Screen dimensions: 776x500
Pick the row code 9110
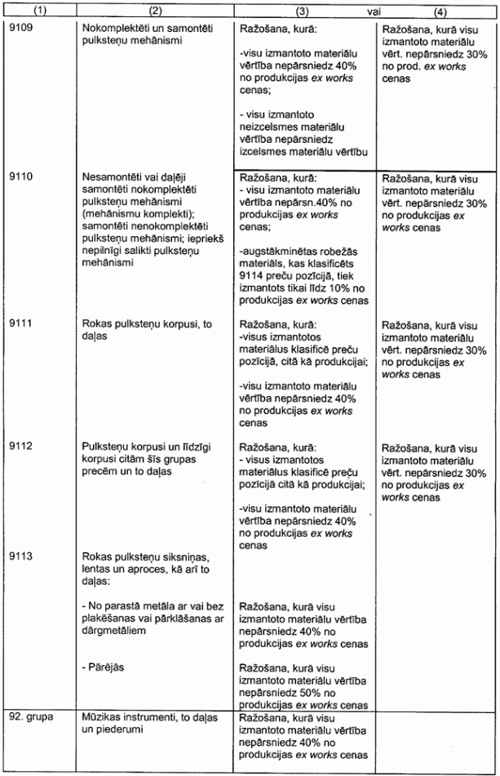click(x=19, y=176)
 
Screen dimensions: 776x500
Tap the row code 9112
click(x=19, y=448)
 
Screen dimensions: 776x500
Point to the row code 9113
click(x=19, y=552)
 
